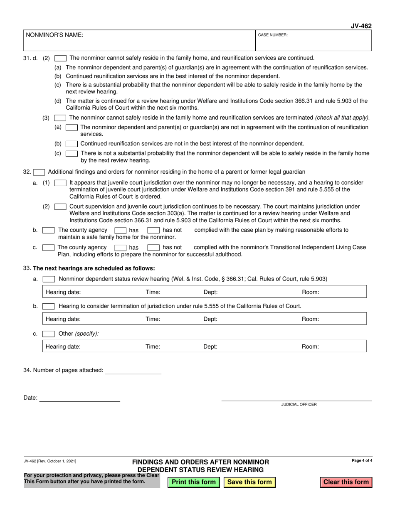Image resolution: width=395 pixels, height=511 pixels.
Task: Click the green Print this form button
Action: (193, 482)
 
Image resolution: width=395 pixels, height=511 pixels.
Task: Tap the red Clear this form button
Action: (346, 482)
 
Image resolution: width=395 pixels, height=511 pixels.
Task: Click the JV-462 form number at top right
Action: (362, 26)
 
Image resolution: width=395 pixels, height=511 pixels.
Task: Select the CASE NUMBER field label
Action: (273, 35)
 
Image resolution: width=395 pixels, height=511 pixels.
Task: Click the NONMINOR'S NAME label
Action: (54, 35)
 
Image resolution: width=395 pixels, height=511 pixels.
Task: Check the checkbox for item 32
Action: (39, 172)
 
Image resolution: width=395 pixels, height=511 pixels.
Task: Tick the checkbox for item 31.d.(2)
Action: (60, 58)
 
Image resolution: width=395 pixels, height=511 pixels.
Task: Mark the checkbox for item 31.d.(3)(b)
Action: (72, 144)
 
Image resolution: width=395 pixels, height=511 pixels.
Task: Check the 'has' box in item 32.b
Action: (121, 230)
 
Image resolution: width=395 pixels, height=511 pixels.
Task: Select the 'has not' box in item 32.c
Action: (153, 248)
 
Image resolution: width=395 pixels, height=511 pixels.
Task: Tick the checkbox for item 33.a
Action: (49, 279)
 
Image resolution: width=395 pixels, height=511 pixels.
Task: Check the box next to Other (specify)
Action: (49, 334)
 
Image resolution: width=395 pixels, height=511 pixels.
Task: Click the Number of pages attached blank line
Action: (133, 370)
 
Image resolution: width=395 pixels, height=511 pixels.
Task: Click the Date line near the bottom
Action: (79, 398)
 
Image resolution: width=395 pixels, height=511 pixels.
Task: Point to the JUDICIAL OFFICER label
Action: (299, 404)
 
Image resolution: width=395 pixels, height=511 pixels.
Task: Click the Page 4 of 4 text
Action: (362, 460)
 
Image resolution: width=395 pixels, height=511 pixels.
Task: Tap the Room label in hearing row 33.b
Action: (310, 319)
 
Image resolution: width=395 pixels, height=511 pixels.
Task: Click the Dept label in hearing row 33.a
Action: (210, 292)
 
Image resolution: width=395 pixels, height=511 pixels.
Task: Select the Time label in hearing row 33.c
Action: (153, 346)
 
